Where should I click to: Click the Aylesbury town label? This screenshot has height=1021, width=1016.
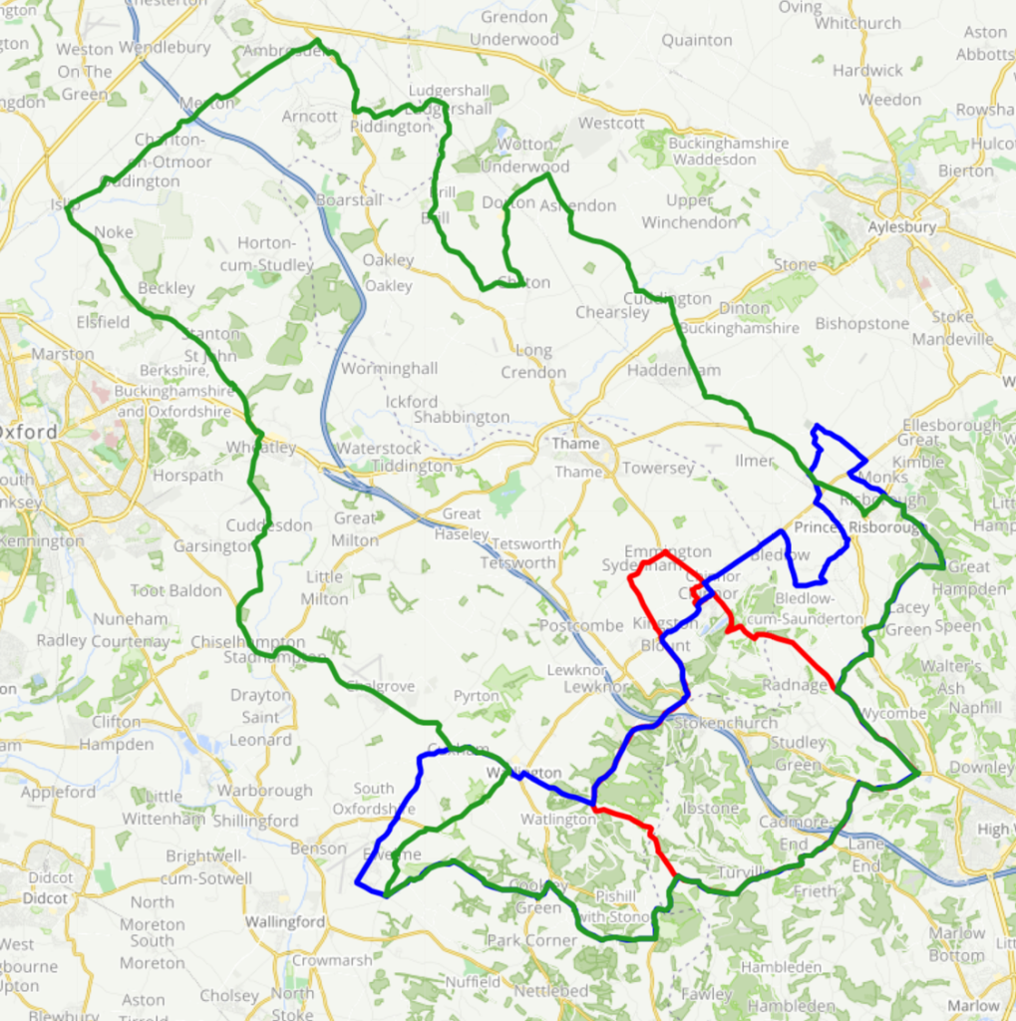901,227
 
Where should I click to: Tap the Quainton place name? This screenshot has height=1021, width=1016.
697,41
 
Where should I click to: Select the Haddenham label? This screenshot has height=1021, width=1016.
673,370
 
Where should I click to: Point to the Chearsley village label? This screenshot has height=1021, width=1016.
612,312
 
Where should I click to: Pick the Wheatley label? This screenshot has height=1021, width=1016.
261,448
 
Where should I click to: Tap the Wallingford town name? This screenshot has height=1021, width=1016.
285,922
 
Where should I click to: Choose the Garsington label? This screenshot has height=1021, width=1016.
213,546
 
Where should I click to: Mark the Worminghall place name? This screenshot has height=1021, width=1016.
389,369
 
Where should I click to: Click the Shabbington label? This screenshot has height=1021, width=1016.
461,417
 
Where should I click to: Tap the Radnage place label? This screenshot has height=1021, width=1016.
795,685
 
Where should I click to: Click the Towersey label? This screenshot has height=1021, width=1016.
658,468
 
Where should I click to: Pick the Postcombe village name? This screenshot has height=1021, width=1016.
581,625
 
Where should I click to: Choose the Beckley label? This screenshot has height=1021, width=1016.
167,288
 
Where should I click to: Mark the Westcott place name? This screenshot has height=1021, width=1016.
611,124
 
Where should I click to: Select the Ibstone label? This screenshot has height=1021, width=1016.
710,808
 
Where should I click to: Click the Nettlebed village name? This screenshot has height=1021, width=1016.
551,991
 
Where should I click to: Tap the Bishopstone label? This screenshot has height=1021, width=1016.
861,324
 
